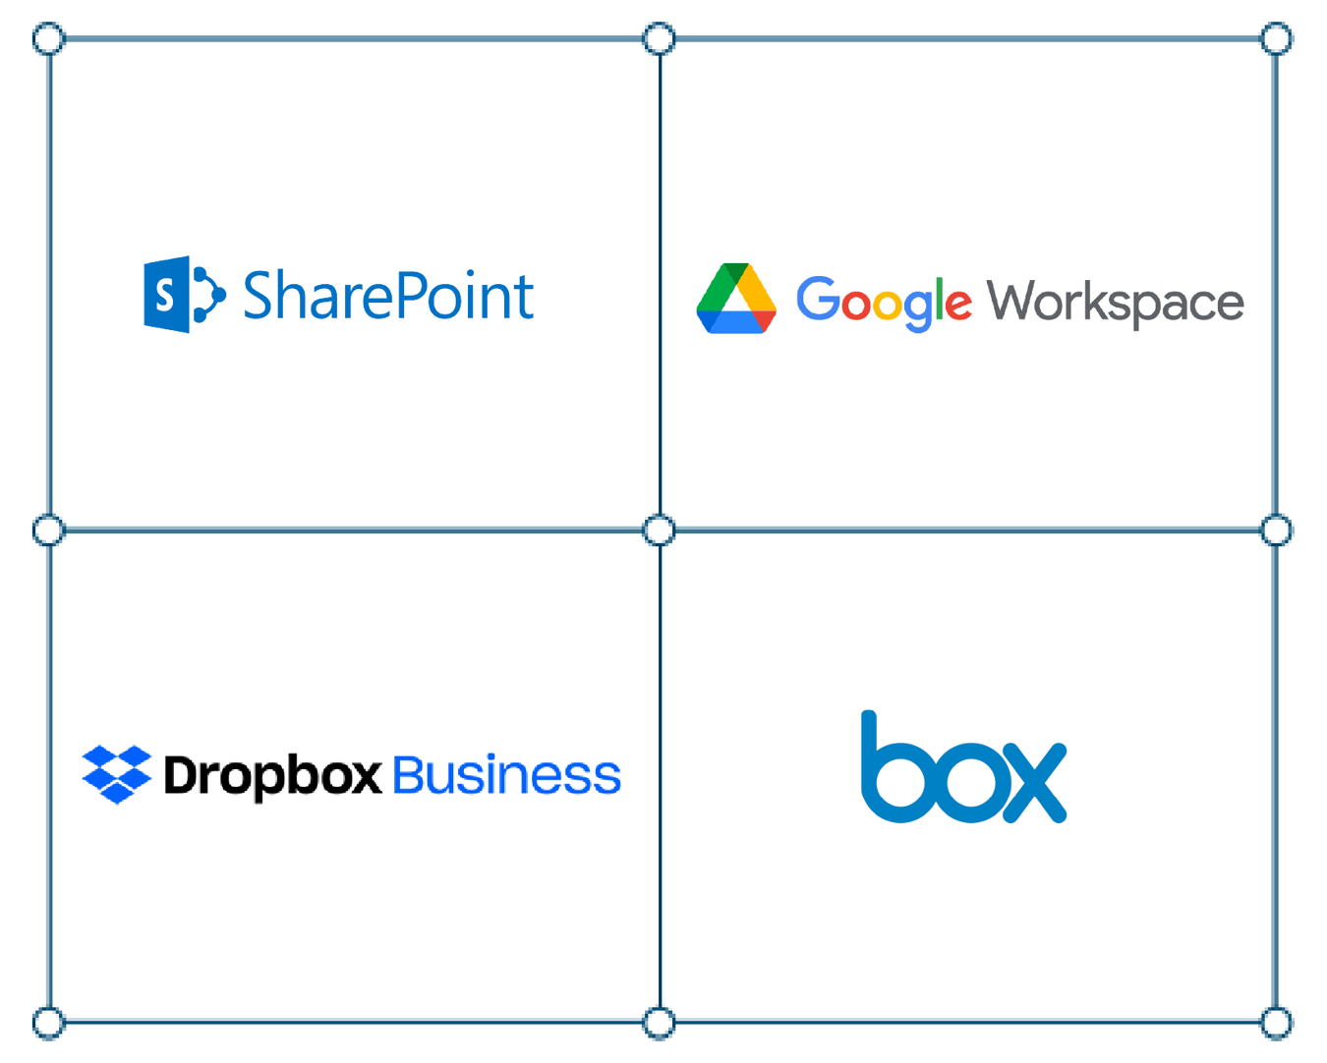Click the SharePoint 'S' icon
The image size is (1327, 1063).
tap(183, 295)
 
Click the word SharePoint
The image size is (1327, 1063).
tap(388, 296)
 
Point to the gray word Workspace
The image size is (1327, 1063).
tap(1116, 302)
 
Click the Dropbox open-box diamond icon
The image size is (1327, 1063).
tap(117, 774)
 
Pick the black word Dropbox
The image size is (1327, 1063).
tap(272, 775)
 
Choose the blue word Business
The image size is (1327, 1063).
tap(507, 775)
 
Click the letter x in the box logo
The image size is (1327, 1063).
tap(1032, 781)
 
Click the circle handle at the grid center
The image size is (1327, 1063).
tap(659, 531)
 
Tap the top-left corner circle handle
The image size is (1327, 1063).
tap(48, 39)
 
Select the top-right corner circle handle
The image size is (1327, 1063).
tap(1276, 39)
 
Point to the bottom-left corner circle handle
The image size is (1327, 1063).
tap(48, 1023)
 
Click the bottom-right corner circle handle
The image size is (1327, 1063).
tap(1276, 1023)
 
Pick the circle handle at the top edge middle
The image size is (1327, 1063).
tap(659, 39)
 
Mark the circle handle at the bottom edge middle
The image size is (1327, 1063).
tap(659, 1023)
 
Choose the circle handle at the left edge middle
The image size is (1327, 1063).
tap(48, 531)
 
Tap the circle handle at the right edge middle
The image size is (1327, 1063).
tap(1276, 531)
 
